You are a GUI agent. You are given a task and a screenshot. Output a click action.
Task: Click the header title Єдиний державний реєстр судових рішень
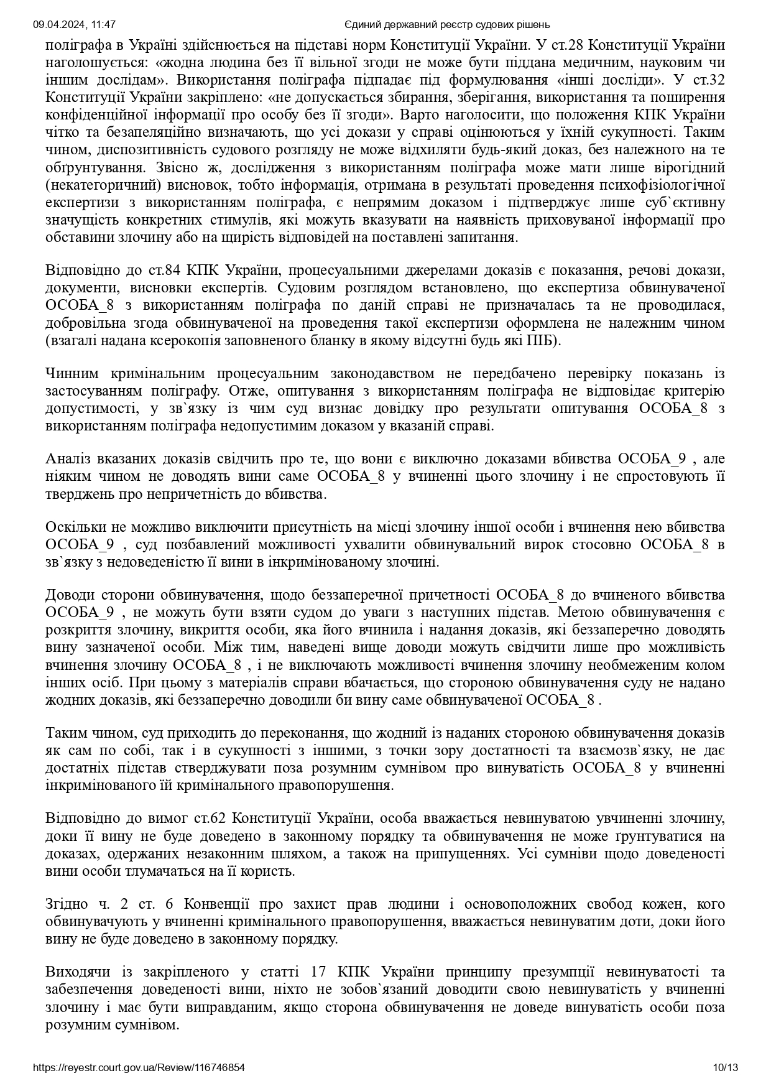point(446,24)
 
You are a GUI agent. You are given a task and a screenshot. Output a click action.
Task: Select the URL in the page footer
point(139,1067)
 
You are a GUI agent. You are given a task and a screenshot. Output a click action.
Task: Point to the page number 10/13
point(725,1067)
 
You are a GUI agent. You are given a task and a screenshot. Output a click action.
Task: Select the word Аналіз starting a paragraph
point(67,459)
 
